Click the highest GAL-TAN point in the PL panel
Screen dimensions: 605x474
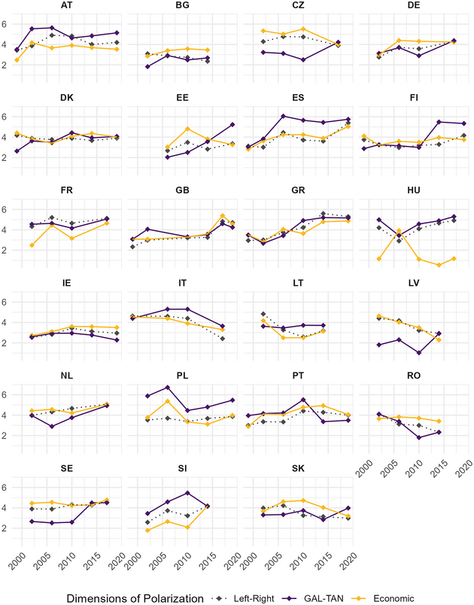(167, 388)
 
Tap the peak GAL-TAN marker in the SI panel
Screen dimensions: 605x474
(186, 493)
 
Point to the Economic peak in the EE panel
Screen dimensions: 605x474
(187, 129)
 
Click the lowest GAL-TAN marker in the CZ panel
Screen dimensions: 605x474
(302, 59)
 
